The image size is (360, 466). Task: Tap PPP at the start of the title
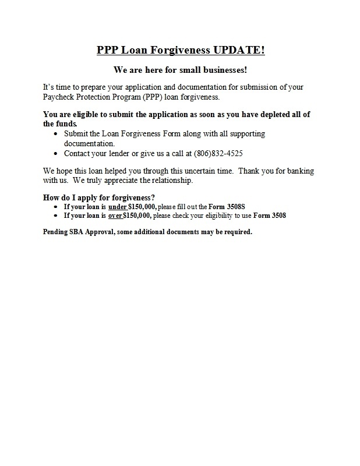(x=108, y=50)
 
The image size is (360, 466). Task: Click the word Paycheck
(x=60, y=96)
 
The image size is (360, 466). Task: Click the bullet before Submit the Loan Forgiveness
(x=55, y=134)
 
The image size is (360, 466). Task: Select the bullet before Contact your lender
(x=55, y=154)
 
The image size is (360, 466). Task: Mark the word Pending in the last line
(x=57, y=231)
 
